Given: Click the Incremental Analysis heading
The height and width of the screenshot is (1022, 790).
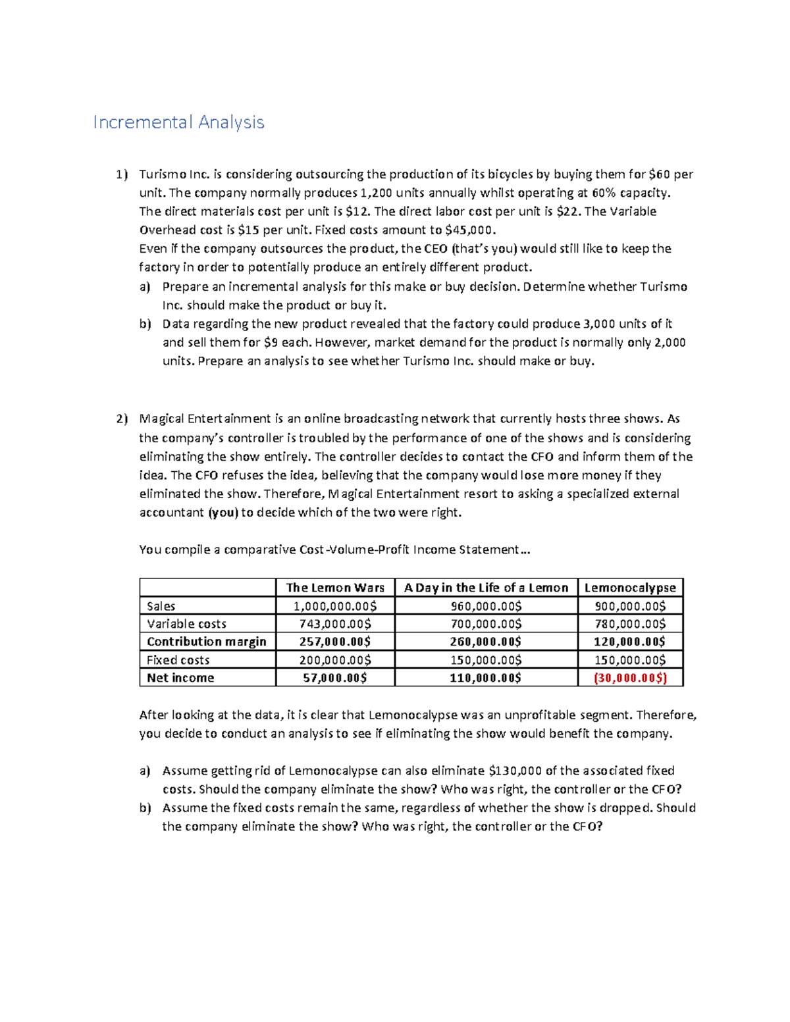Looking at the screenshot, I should point(178,122).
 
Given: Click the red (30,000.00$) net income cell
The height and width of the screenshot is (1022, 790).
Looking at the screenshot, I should point(630,678).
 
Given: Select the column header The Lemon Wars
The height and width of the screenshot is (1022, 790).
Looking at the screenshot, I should point(335,588).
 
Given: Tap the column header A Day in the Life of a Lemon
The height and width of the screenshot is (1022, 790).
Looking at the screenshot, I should point(486,588).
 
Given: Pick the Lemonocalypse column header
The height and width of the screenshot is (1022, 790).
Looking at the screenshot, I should point(630,588).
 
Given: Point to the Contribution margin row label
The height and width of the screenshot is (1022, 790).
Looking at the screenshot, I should point(206,642).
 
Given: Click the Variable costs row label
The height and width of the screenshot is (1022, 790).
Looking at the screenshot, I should point(186,624).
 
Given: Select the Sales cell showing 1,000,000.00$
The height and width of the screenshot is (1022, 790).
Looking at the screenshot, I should point(335,606).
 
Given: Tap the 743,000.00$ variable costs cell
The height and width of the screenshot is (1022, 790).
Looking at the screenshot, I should point(335,624).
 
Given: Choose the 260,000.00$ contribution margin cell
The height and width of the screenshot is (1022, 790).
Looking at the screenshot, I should point(486,642).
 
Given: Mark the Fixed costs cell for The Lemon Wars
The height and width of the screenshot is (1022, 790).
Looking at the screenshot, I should point(335,660).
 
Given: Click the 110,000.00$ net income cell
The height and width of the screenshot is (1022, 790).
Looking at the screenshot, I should point(486,678).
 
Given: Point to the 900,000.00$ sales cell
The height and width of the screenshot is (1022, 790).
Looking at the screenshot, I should point(630,606).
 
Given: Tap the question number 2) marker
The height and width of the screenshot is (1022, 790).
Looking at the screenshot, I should point(122,419).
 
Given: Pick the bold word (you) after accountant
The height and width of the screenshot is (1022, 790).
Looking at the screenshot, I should point(223,513).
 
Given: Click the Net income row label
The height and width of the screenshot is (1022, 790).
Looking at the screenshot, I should point(180,678).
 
